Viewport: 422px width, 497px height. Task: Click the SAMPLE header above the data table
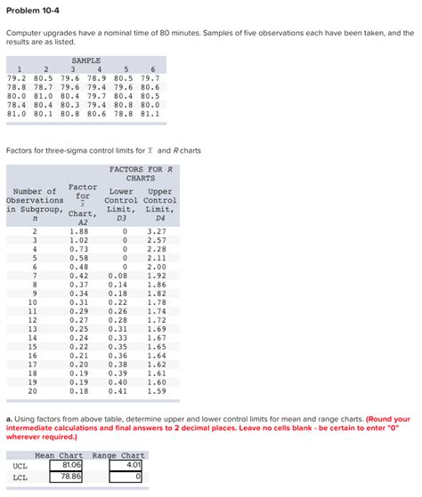point(85,60)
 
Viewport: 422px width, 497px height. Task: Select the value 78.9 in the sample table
point(99,78)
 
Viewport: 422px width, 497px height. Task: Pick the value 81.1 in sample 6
point(150,114)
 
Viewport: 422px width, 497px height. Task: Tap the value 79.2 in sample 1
point(17,78)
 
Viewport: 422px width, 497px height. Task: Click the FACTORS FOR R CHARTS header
point(141,173)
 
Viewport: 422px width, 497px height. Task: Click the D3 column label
point(122,217)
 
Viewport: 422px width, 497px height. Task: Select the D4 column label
point(160,217)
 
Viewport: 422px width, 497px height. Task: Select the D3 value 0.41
point(117,390)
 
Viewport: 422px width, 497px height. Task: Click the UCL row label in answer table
point(20,464)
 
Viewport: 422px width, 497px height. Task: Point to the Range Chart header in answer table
point(118,454)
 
